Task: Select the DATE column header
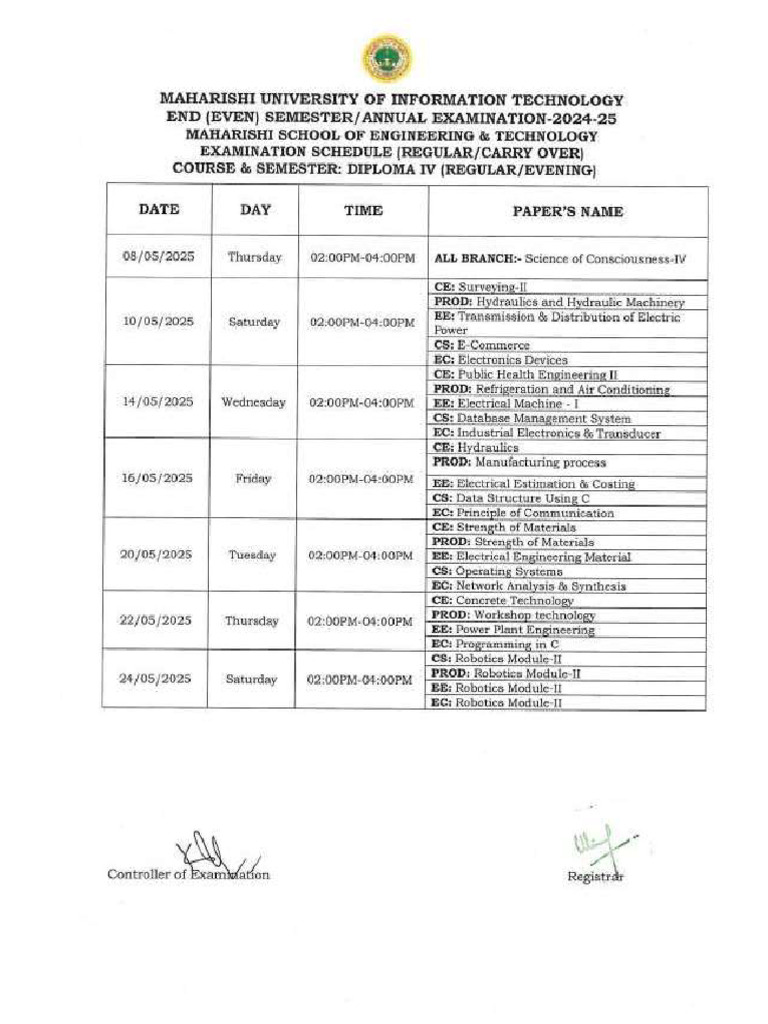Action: pyautogui.click(x=159, y=210)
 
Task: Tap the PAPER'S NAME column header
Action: pyautogui.click(x=567, y=211)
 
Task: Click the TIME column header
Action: pyautogui.click(x=363, y=211)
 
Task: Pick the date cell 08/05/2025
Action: pyautogui.click(x=159, y=257)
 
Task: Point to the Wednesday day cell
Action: pyautogui.click(x=253, y=402)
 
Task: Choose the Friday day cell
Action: pyautogui.click(x=253, y=478)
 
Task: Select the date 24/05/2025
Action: pyautogui.click(x=155, y=679)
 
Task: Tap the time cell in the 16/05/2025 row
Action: pyautogui.click(x=361, y=478)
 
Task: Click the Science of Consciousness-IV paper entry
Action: pyautogui.click(x=560, y=258)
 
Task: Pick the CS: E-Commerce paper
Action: pyautogui.click(x=481, y=345)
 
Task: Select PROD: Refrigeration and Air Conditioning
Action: pyautogui.click(x=551, y=389)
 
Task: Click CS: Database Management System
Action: pyautogui.click(x=531, y=418)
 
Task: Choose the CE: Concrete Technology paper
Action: pyautogui.click(x=502, y=601)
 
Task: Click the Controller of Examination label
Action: pyautogui.click(x=188, y=874)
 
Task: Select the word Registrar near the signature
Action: pyautogui.click(x=596, y=876)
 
